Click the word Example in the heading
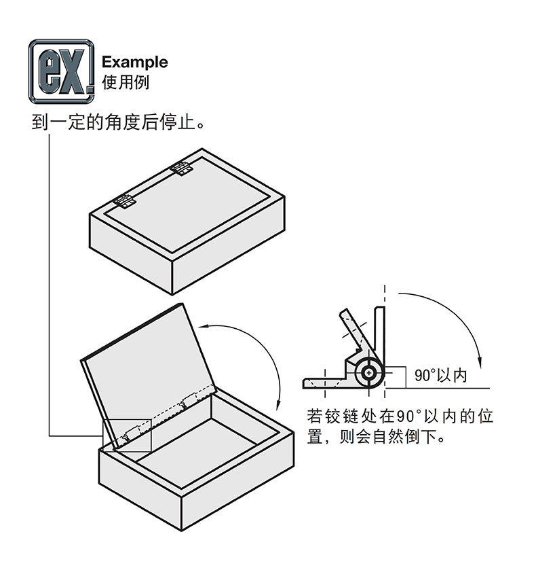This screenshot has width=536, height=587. [134, 63]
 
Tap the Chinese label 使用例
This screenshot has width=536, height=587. [125, 82]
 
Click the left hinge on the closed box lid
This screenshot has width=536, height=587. [123, 201]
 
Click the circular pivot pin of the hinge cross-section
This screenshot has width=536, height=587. [369, 372]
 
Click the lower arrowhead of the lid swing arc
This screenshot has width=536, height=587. [280, 406]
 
